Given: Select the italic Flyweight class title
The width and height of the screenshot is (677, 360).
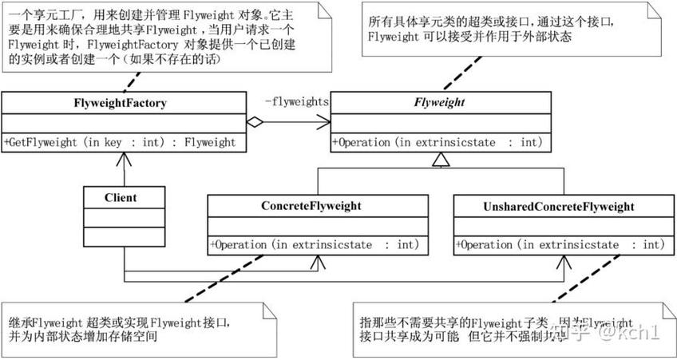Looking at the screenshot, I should point(439,102).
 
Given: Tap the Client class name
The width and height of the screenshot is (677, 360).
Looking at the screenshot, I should point(120,196).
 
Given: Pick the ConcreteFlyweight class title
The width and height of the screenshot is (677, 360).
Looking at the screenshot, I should point(311,206).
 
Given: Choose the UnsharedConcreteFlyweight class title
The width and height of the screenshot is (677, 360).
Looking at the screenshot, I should point(559,207).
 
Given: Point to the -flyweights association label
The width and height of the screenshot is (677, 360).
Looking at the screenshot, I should point(296,101).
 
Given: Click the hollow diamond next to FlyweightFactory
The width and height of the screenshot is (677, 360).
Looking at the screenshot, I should point(255,122).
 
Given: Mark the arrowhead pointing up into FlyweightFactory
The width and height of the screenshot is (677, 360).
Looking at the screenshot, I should point(124,156).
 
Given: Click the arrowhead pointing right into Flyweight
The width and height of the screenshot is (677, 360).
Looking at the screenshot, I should point(325,122).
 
